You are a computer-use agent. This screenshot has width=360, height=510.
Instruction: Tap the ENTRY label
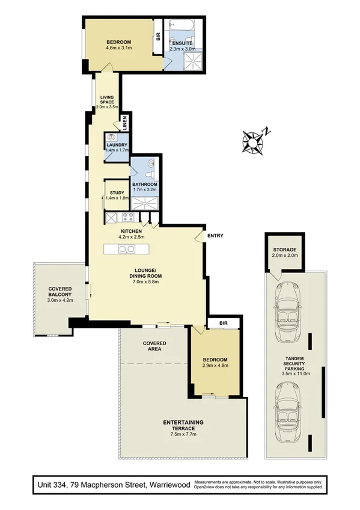[215, 236]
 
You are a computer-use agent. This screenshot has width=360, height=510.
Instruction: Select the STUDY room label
[117, 193]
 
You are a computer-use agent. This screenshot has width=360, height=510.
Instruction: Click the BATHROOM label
[145, 185]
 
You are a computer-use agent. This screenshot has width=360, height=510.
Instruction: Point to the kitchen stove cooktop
[128, 218]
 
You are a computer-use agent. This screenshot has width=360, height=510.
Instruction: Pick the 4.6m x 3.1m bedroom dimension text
[118, 48]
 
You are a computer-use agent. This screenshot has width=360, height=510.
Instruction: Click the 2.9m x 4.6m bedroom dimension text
[215, 365]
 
